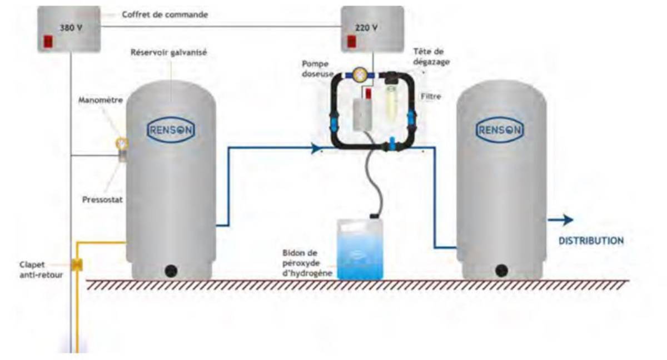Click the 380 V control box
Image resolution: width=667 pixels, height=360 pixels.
click(x=69, y=29)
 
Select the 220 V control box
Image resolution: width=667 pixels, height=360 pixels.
click(x=372, y=29)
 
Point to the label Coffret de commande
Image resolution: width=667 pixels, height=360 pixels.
click(x=165, y=15)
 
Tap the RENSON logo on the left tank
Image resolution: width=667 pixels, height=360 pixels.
click(x=171, y=129)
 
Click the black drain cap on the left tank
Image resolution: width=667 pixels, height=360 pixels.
click(x=171, y=271)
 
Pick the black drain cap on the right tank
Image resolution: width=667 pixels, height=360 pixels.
click(x=501, y=271)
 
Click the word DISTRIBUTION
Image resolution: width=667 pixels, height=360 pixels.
click(x=591, y=241)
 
